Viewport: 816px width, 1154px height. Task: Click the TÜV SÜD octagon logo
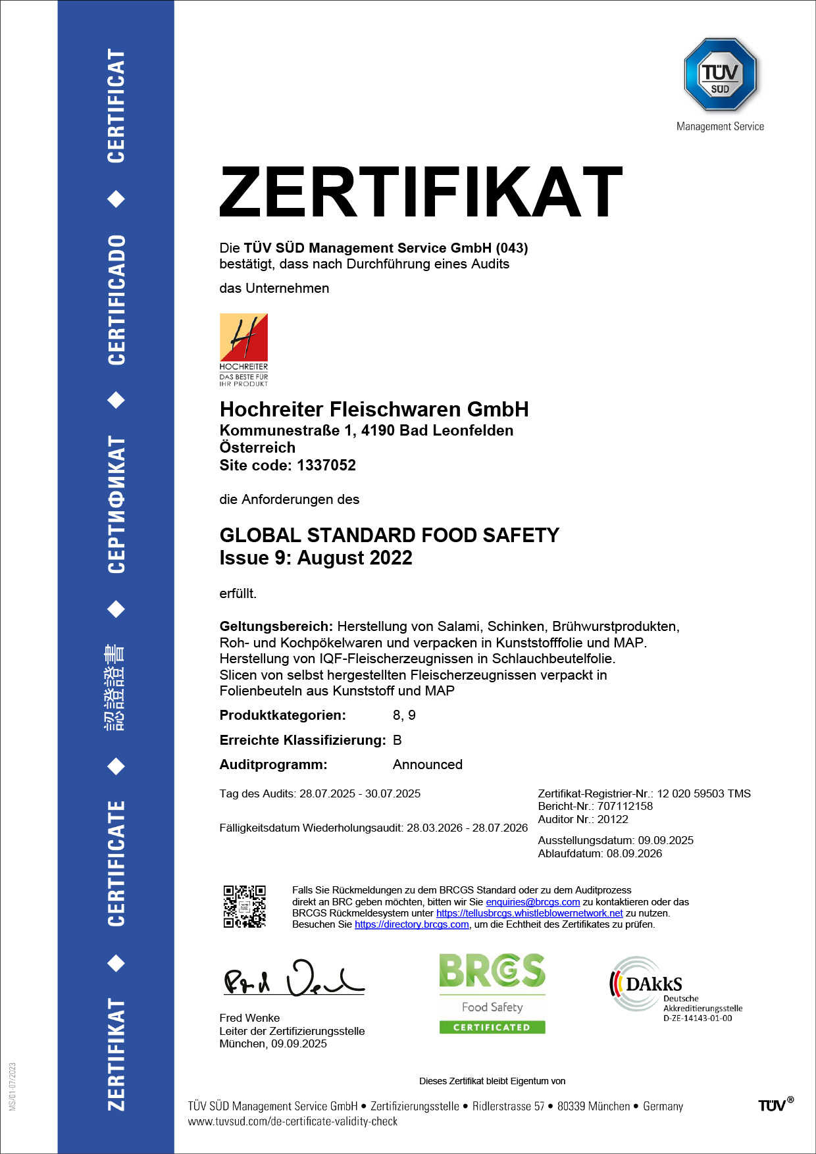click(720, 74)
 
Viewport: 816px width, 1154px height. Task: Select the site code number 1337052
click(326, 465)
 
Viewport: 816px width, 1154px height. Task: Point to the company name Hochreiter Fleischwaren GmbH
click(374, 409)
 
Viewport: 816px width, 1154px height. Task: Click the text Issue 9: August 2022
click(316, 558)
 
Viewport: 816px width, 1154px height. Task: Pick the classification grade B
click(397, 740)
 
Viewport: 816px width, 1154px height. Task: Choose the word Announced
click(428, 765)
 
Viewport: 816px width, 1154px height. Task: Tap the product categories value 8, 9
click(404, 715)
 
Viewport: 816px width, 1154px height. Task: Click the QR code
click(244, 907)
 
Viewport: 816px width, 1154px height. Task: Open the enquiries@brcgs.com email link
click(533, 902)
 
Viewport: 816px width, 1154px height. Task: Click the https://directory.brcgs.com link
click(412, 924)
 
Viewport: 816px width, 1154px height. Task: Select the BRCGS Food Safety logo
click(492, 993)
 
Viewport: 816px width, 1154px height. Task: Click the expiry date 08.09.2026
click(634, 853)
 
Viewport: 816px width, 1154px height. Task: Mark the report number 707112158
click(625, 806)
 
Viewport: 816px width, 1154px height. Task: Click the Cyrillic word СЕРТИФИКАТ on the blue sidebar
click(116, 505)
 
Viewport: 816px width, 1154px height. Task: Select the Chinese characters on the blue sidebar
click(116, 688)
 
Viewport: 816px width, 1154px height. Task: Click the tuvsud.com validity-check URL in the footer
click(293, 1121)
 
